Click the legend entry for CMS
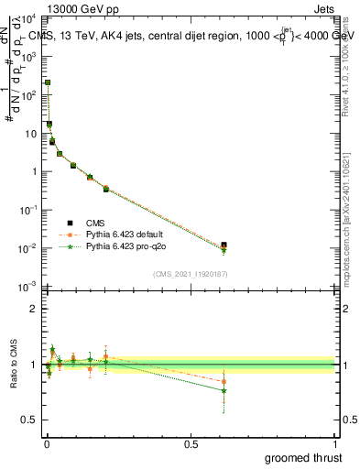click(x=94, y=223)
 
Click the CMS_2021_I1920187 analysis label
click(x=190, y=273)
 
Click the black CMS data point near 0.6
click(x=224, y=245)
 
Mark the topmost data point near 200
click(x=47, y=82)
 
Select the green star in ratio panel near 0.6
click(x=224, y=390)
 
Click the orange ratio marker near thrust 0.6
click(x=224, y=381)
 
